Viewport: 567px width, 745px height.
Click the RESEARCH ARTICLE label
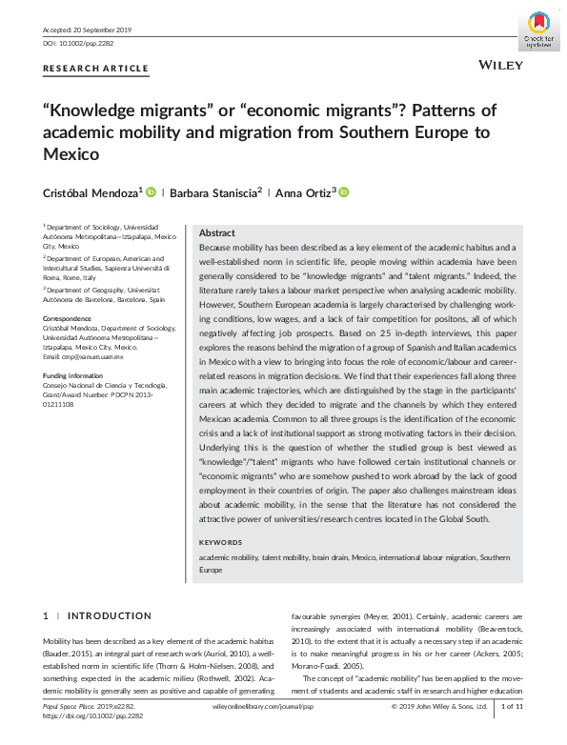(x=96, y=69)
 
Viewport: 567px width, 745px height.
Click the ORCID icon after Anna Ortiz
(x=344, y=192)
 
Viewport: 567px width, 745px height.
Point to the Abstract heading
(x=217, y=232)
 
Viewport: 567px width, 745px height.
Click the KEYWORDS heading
(x=222, y=542)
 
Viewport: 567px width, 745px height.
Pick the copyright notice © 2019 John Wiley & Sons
(x=439, y=706)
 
